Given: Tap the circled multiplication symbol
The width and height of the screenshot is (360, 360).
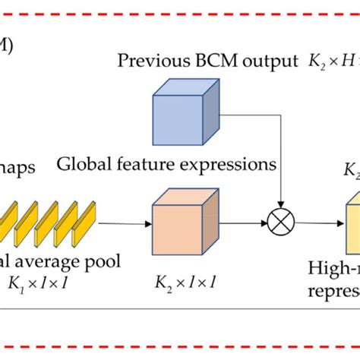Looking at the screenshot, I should (281, 223).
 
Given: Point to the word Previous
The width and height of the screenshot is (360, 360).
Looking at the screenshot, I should (148, 60).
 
